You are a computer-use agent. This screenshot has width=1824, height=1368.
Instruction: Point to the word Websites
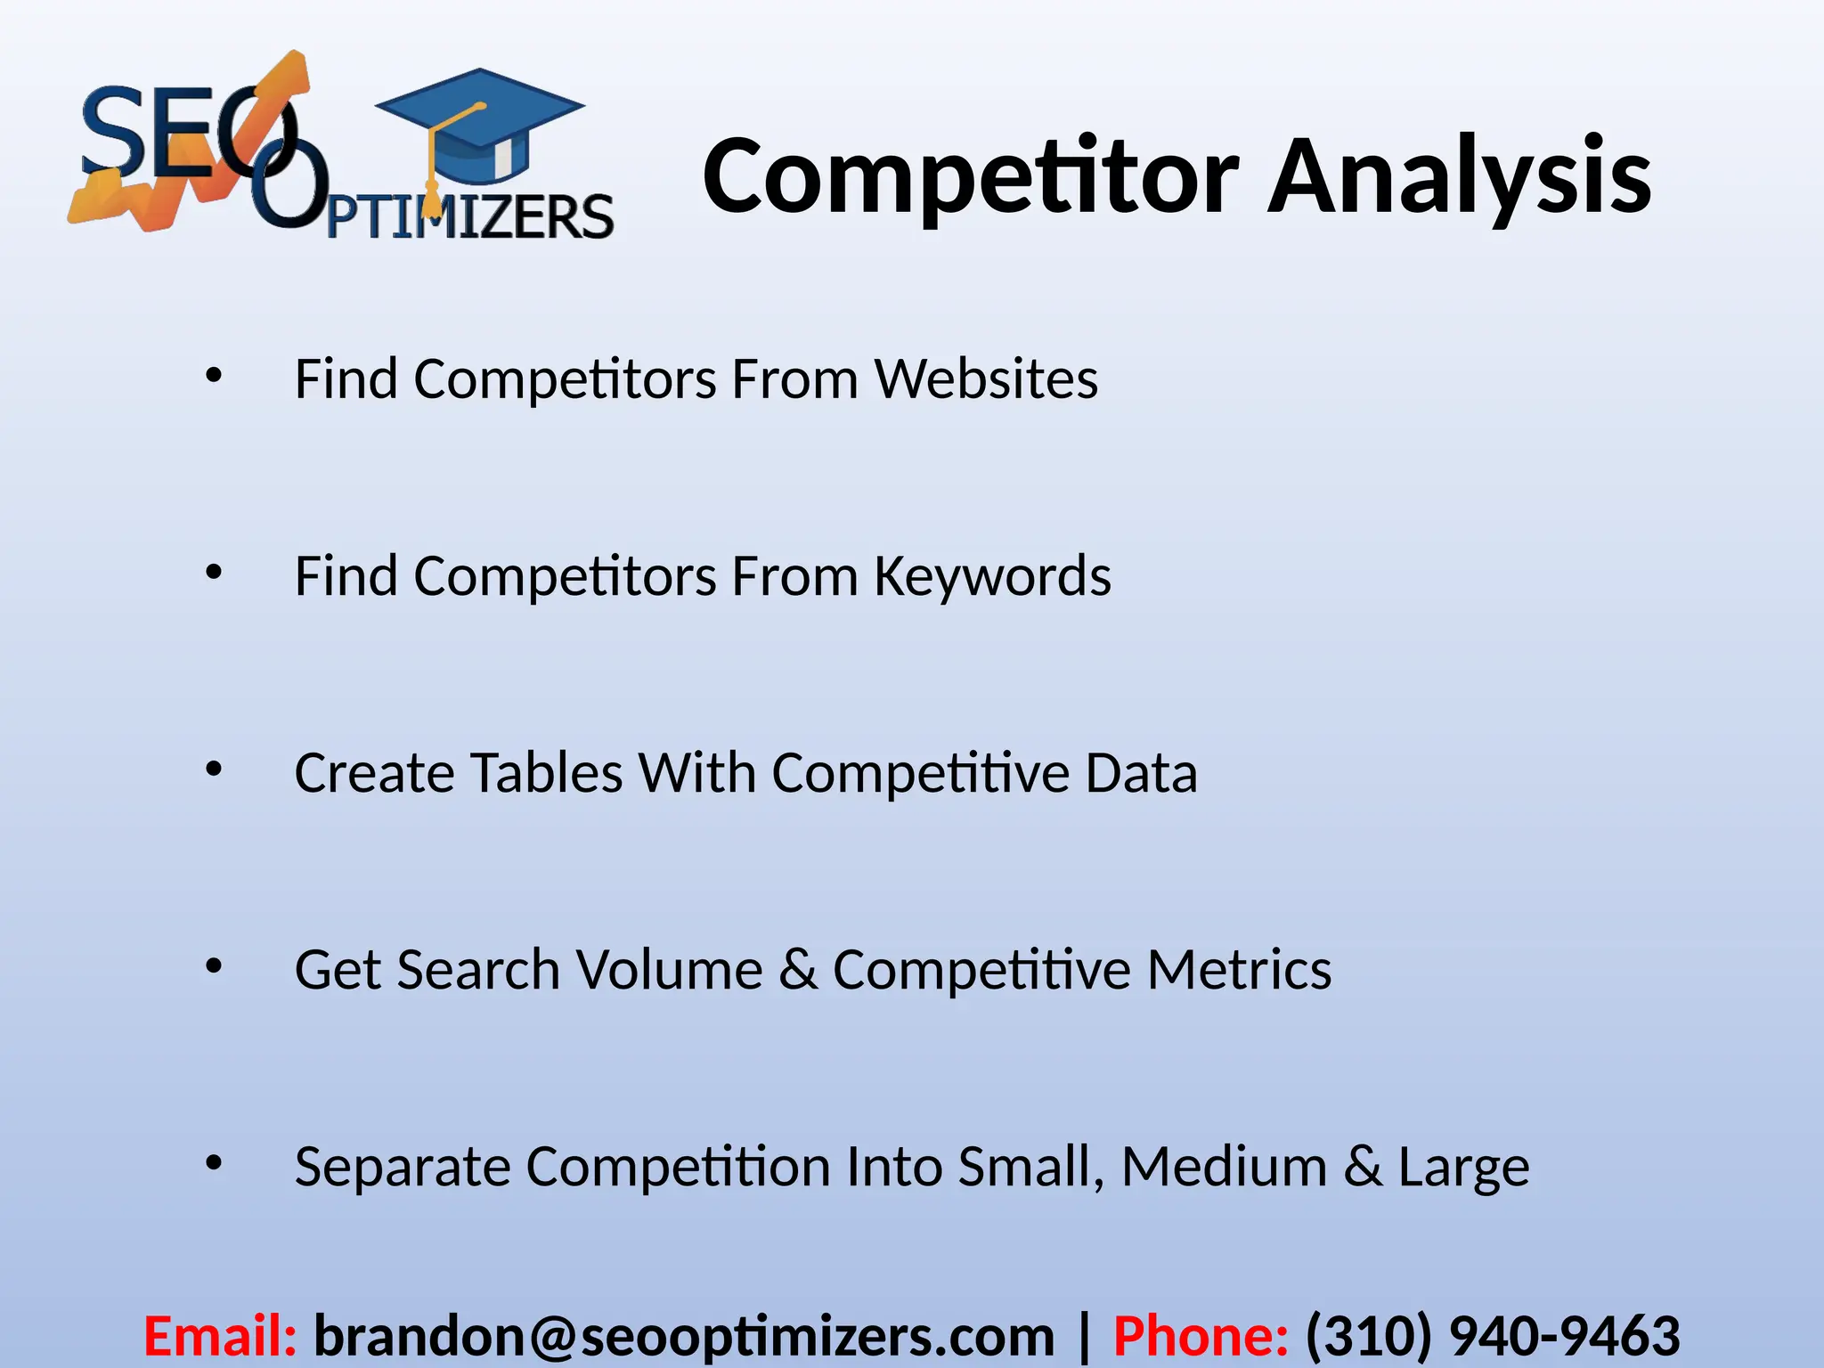tap(986, 379)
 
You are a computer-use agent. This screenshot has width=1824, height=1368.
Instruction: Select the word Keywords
tap(992, 576)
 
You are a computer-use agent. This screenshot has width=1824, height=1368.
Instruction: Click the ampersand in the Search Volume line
tap(798, 969)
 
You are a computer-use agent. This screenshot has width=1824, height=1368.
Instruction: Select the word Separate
tap(403, 1167)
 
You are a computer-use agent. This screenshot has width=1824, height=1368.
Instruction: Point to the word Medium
tap(1224, 1167)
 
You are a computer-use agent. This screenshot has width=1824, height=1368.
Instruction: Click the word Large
tap(1463, 1167)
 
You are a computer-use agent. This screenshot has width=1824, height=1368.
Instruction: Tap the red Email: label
tap(220, 1336)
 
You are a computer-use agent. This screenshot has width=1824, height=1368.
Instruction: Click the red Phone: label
tap(1201, 1336)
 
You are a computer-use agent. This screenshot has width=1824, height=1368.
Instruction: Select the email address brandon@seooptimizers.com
tap(684, 1336)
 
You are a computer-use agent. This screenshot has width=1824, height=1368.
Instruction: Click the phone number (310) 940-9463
tap(1493, 1336)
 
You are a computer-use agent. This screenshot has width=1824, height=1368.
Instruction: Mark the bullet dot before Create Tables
tap(213, 769)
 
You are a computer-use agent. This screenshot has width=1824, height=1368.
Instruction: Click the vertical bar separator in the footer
tap(1084, 1336)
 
